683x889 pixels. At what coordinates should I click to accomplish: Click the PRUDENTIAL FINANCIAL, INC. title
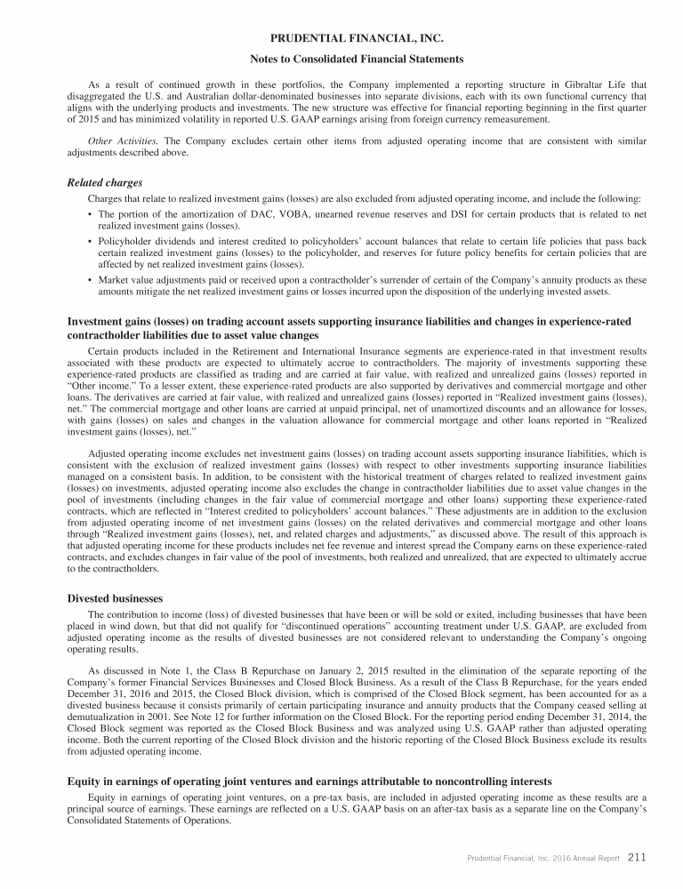click(x=341, y=37)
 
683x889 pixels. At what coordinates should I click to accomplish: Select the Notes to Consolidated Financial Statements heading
click(x=341, y=60)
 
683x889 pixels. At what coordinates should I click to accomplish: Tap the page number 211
click(x=637, y=857)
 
